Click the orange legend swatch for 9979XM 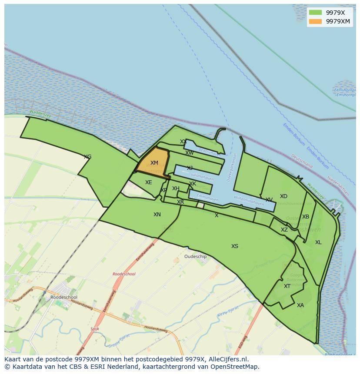coord(316,21)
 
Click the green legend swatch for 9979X coord(316,13)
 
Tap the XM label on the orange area coord(154,163)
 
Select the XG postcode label coord(87,157)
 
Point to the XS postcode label coord(235,246)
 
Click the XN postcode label coord(157,215)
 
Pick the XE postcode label coord(149,182)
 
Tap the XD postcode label coord(283,196)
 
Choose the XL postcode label coord(318,242)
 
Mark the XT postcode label coord(287,286)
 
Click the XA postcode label coord(300,305)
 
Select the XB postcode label coord(306,217)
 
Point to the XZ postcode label coord(284,230)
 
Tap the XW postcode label coord(190,153)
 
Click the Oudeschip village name coord(196,257)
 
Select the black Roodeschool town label coord(63,298)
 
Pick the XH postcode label coord(176,189)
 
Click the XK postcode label coord(193,184)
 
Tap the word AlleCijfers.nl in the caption coord(227,359)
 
